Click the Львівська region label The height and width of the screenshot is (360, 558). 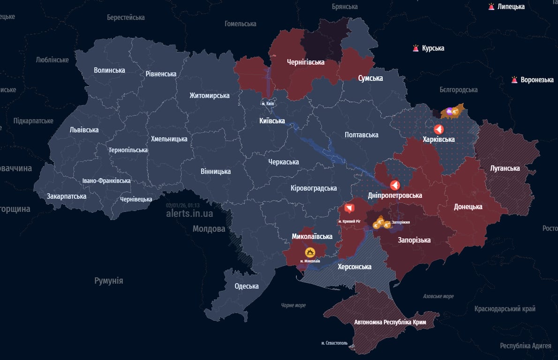coord(84,130)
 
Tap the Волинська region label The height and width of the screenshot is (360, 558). coord(109,70)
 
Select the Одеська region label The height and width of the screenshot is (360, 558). coord(246,286)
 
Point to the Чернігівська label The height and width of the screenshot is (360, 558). coord(306,62)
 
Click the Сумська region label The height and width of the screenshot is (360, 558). coord(370,78)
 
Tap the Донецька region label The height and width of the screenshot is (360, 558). coord(468,207)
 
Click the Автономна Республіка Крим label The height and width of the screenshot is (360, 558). coord(390,322)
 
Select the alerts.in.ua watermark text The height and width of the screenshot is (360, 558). coord(189,214)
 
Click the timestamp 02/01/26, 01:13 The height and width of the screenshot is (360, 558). coord(183,205)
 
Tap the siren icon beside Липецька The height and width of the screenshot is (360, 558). coord(491,7)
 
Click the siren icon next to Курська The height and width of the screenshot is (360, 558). coord(415,48)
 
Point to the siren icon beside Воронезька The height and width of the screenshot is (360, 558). coord(514,80)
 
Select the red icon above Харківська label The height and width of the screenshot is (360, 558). coord(438,129)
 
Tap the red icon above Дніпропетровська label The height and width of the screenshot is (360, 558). coord(395,185)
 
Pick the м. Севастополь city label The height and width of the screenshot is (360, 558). coord(335,343)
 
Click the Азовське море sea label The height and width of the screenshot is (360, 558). coord(438,296)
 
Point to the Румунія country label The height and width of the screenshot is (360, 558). coord(109,281)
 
